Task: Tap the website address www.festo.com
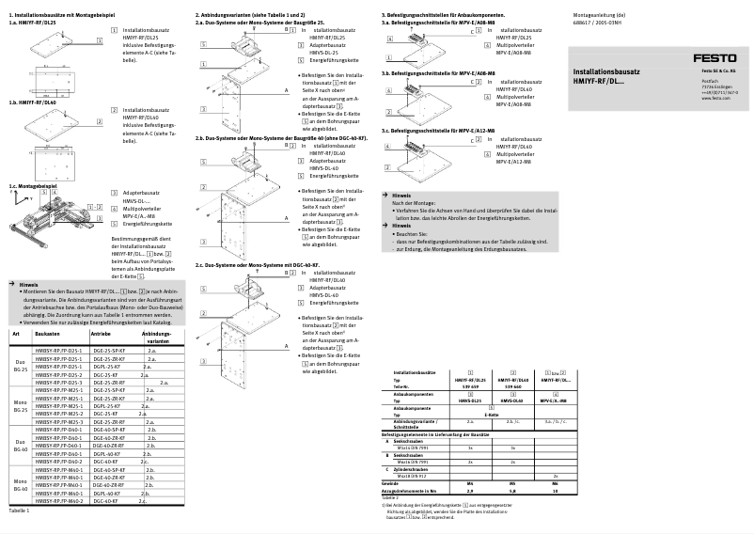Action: [x=716, y=98]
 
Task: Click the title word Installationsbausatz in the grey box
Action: [x=606, y=71]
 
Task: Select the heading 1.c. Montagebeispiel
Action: [x=33, y=186]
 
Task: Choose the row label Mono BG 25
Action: [x=20, y=406]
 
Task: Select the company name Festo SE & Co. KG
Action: [x=719, y=71]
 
